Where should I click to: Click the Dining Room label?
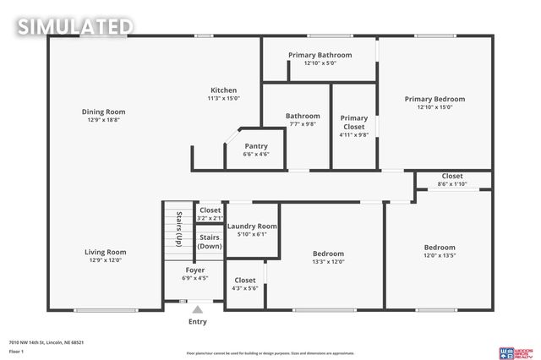[103, 112]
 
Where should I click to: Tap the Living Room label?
[105, 252]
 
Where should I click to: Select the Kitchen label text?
[224, 90]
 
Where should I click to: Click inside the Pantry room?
[255, 150]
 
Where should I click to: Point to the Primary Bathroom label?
[320, 55]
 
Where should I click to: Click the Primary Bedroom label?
[434, 99]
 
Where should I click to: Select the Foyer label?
[194, 270]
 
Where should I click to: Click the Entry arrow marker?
[197, 309]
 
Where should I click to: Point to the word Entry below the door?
[197, 321]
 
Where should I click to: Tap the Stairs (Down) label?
[210, 242]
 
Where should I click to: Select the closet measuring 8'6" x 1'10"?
[452, 180]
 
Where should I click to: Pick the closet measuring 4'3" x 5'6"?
[245, 284]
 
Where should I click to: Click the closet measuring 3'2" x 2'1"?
[210, 213]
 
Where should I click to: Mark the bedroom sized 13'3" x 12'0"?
[328, 257]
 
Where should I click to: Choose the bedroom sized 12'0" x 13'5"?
[439, 251]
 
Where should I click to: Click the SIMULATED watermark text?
[75, 26]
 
